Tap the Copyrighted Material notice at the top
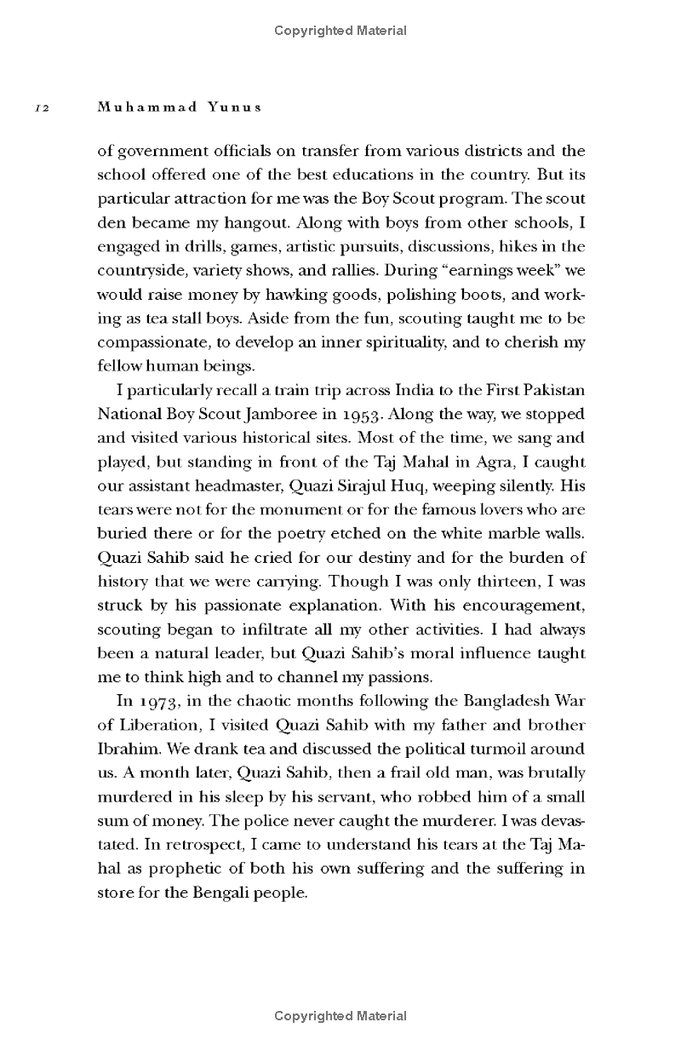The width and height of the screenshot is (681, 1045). point(340,31)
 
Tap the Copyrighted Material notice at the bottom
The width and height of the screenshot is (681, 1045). point(340,1015)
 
